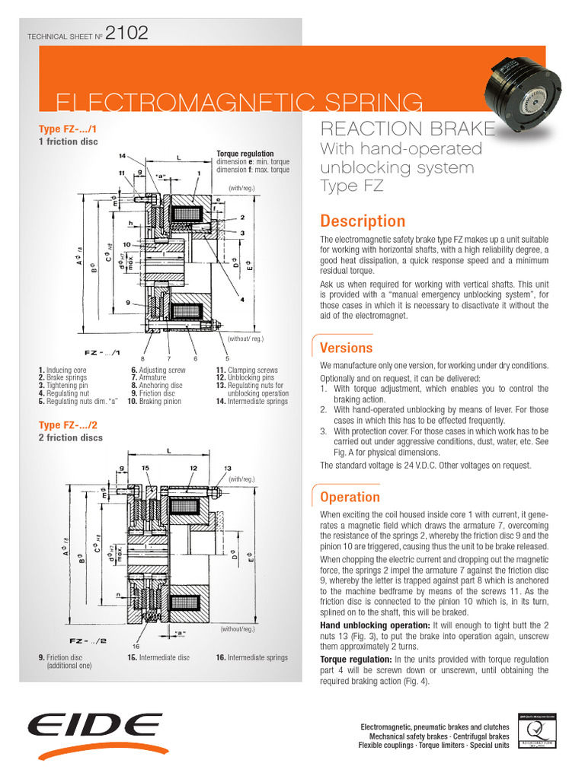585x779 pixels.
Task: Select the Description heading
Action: pos(363,221)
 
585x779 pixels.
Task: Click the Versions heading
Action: pos(346,348)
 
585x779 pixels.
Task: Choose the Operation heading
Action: pos(350,497)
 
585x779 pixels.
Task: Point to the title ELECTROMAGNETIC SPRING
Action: pos(240,101)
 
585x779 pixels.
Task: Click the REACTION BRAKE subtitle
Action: pos(408,129)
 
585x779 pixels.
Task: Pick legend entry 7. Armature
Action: pos(148,377)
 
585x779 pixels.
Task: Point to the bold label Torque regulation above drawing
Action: pos(245,154)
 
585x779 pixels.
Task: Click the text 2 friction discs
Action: pos(70,438)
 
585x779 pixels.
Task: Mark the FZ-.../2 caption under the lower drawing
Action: pos(88,641)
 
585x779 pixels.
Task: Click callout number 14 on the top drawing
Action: pos(123,155)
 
